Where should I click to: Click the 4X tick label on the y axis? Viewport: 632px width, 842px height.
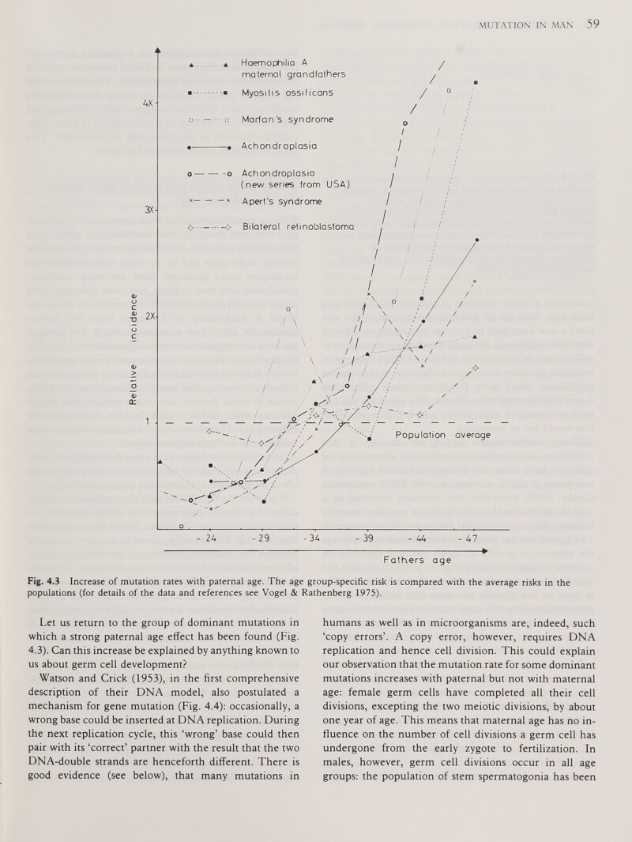pyautogui.click(x=147, y=104)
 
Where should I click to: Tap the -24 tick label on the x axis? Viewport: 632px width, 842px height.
pyautogui.click(x=206, y=539)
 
